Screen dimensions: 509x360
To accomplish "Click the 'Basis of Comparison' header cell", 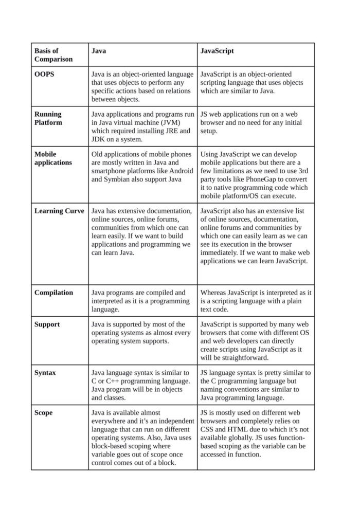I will [x=53, y=55].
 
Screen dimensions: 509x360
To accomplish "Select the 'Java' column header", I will [x=99, y=51].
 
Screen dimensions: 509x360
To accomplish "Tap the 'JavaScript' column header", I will [x=217, y=51].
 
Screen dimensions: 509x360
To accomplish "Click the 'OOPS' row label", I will [x=44, y=74].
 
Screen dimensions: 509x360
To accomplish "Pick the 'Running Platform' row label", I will [x=48, y=118].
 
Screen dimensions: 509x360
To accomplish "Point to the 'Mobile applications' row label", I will [x=53, y=158].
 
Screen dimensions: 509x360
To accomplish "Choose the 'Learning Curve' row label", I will [x=59, y=211].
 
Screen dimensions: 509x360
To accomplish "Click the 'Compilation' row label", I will [x=53, y=293].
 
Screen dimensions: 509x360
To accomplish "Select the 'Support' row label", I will [x=47, y=324].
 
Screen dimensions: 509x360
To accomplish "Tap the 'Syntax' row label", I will [x=45, y=372].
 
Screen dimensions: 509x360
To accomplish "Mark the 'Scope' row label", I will [x=43, y=412].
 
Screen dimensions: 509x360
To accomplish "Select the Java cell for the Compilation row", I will [x=142, y=301].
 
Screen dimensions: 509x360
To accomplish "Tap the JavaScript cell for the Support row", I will [x=255, y=341].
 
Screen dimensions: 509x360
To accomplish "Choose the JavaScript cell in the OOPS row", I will [x=255, y=82].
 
